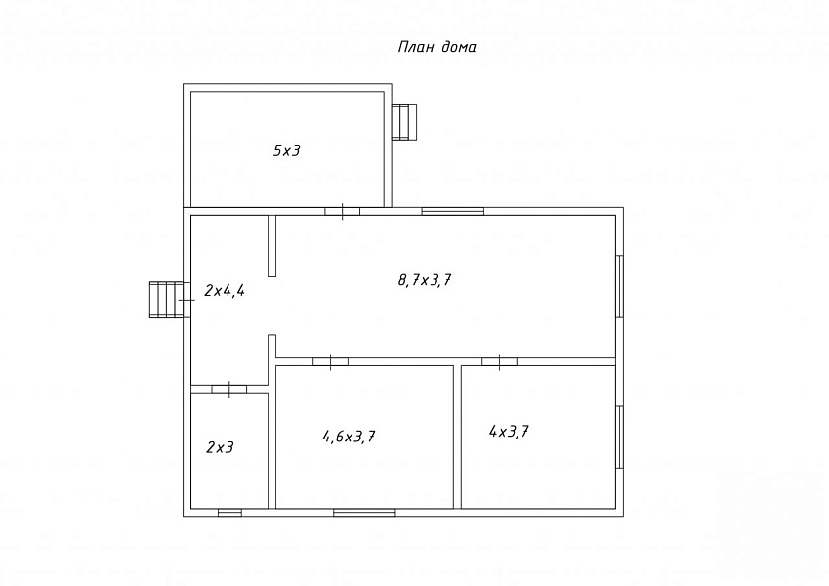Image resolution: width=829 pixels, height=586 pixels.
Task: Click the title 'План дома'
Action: click(x=436, y=47)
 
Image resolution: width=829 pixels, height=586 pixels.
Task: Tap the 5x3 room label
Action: click(x=286, y=150)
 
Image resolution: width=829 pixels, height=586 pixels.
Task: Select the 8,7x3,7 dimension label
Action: click(x=425, y=279)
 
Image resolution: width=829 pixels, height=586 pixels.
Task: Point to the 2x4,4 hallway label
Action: click(x=225, y=290)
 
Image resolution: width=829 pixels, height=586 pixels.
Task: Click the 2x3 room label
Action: click(x=220, y=447)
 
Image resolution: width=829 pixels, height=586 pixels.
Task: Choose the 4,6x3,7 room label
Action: click(x=349, y=437)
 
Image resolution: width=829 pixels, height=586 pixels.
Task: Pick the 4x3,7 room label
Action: click(x=509, y=432)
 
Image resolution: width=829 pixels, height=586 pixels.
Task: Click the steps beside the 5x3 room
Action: click(x=404, y=122)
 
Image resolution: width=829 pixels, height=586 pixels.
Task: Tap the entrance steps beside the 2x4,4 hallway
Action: click(x=167, y=300)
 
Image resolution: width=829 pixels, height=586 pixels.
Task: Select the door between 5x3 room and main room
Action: click(x=342, y=212)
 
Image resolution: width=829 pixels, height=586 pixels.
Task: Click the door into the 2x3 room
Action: click(x=228, y=390)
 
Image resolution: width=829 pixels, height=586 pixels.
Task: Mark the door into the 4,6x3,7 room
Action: click(x=330, y=361)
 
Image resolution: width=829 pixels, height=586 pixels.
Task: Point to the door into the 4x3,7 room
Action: click(x=500, y=361)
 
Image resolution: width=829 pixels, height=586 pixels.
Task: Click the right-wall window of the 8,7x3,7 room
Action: click(x=620, y=286)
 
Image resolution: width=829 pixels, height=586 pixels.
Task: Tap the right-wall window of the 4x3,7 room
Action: click(x=620, y=437)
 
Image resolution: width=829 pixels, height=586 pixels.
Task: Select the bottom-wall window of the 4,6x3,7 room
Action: click(x=364, y=513)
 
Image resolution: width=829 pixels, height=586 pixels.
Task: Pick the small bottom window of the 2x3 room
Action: click(x=230, y=513)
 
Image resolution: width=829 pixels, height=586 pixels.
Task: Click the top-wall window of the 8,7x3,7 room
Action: click(x=452, y=212)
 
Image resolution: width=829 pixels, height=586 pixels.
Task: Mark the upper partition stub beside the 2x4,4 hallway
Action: click(x=271, y=246)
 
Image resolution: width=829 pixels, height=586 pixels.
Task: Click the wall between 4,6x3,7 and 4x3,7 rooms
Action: click(x=457, y=437)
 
